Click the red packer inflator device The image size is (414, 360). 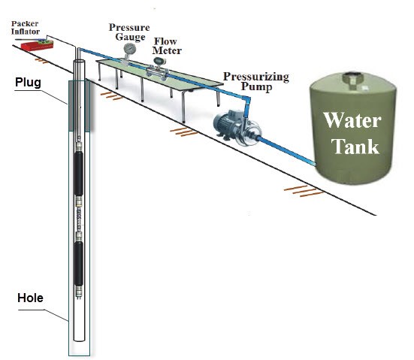click(37, 45)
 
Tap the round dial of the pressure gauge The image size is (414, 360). click(130, 48)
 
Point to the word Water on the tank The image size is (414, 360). click(352, 121)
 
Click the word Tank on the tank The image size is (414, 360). click(355, 146)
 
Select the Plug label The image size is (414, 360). click(28, 82)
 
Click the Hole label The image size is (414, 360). click(30, 298)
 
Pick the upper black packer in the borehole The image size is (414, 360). click(78, 174)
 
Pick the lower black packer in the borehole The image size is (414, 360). click(79, 263)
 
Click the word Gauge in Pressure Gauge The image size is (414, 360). click(130, 37)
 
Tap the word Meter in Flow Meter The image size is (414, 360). click(167, 50)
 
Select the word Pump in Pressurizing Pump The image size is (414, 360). click(256, 87)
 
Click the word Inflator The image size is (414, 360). click(26, 32)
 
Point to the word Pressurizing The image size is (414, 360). click(256, 77)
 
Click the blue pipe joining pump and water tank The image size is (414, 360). click(287, 151)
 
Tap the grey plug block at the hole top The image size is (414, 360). click(79, 106)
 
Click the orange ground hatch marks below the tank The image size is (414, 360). click(304, 191)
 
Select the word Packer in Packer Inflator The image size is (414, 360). click(25, 24)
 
